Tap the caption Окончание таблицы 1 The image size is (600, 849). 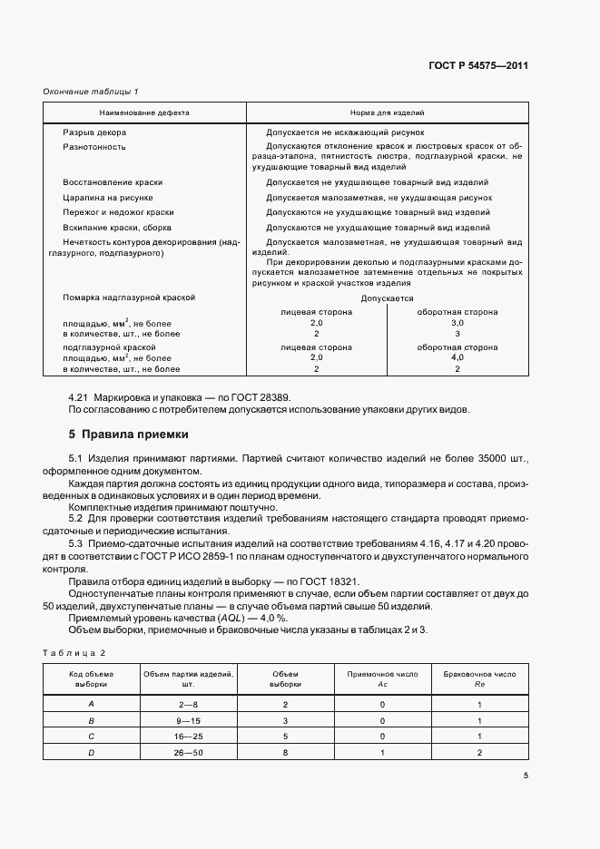(x=91, y=91)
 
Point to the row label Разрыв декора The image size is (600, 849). (x=92, y=132)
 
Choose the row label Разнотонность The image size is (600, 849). (x=93, y=146)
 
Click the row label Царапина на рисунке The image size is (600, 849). (x=107, y=196)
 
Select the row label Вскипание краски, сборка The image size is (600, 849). (x=117, y=227)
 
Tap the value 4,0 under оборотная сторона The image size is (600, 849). (x=457, y=358)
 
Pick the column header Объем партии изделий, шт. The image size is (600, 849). (x=187, y=679)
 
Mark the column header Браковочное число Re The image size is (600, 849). (x=479, y=679)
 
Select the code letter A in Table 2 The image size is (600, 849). (x=91, y=705)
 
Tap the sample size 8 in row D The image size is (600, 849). (x=285, y=753)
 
